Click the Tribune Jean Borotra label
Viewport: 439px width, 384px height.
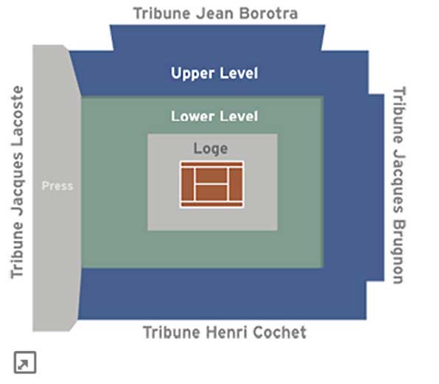(215, 13)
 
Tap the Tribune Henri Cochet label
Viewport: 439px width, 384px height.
(225, 332)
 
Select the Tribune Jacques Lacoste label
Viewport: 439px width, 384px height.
(17, 182)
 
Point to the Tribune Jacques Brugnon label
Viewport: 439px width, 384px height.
(398, 185)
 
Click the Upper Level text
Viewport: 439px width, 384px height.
(214, 74)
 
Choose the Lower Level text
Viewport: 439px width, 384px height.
(214, 116)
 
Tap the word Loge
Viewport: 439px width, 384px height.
(211, 149)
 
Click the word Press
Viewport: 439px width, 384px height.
(57, 186)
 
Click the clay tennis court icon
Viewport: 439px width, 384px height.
(211, 184)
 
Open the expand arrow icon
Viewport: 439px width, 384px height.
(25, 362)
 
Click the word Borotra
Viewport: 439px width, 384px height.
(269, 13)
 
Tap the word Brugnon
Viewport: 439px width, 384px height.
(398, 251)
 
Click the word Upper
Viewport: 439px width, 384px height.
(192, 74)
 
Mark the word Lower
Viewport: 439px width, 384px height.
(193, 116)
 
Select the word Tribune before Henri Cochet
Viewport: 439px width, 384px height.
(172, 332)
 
